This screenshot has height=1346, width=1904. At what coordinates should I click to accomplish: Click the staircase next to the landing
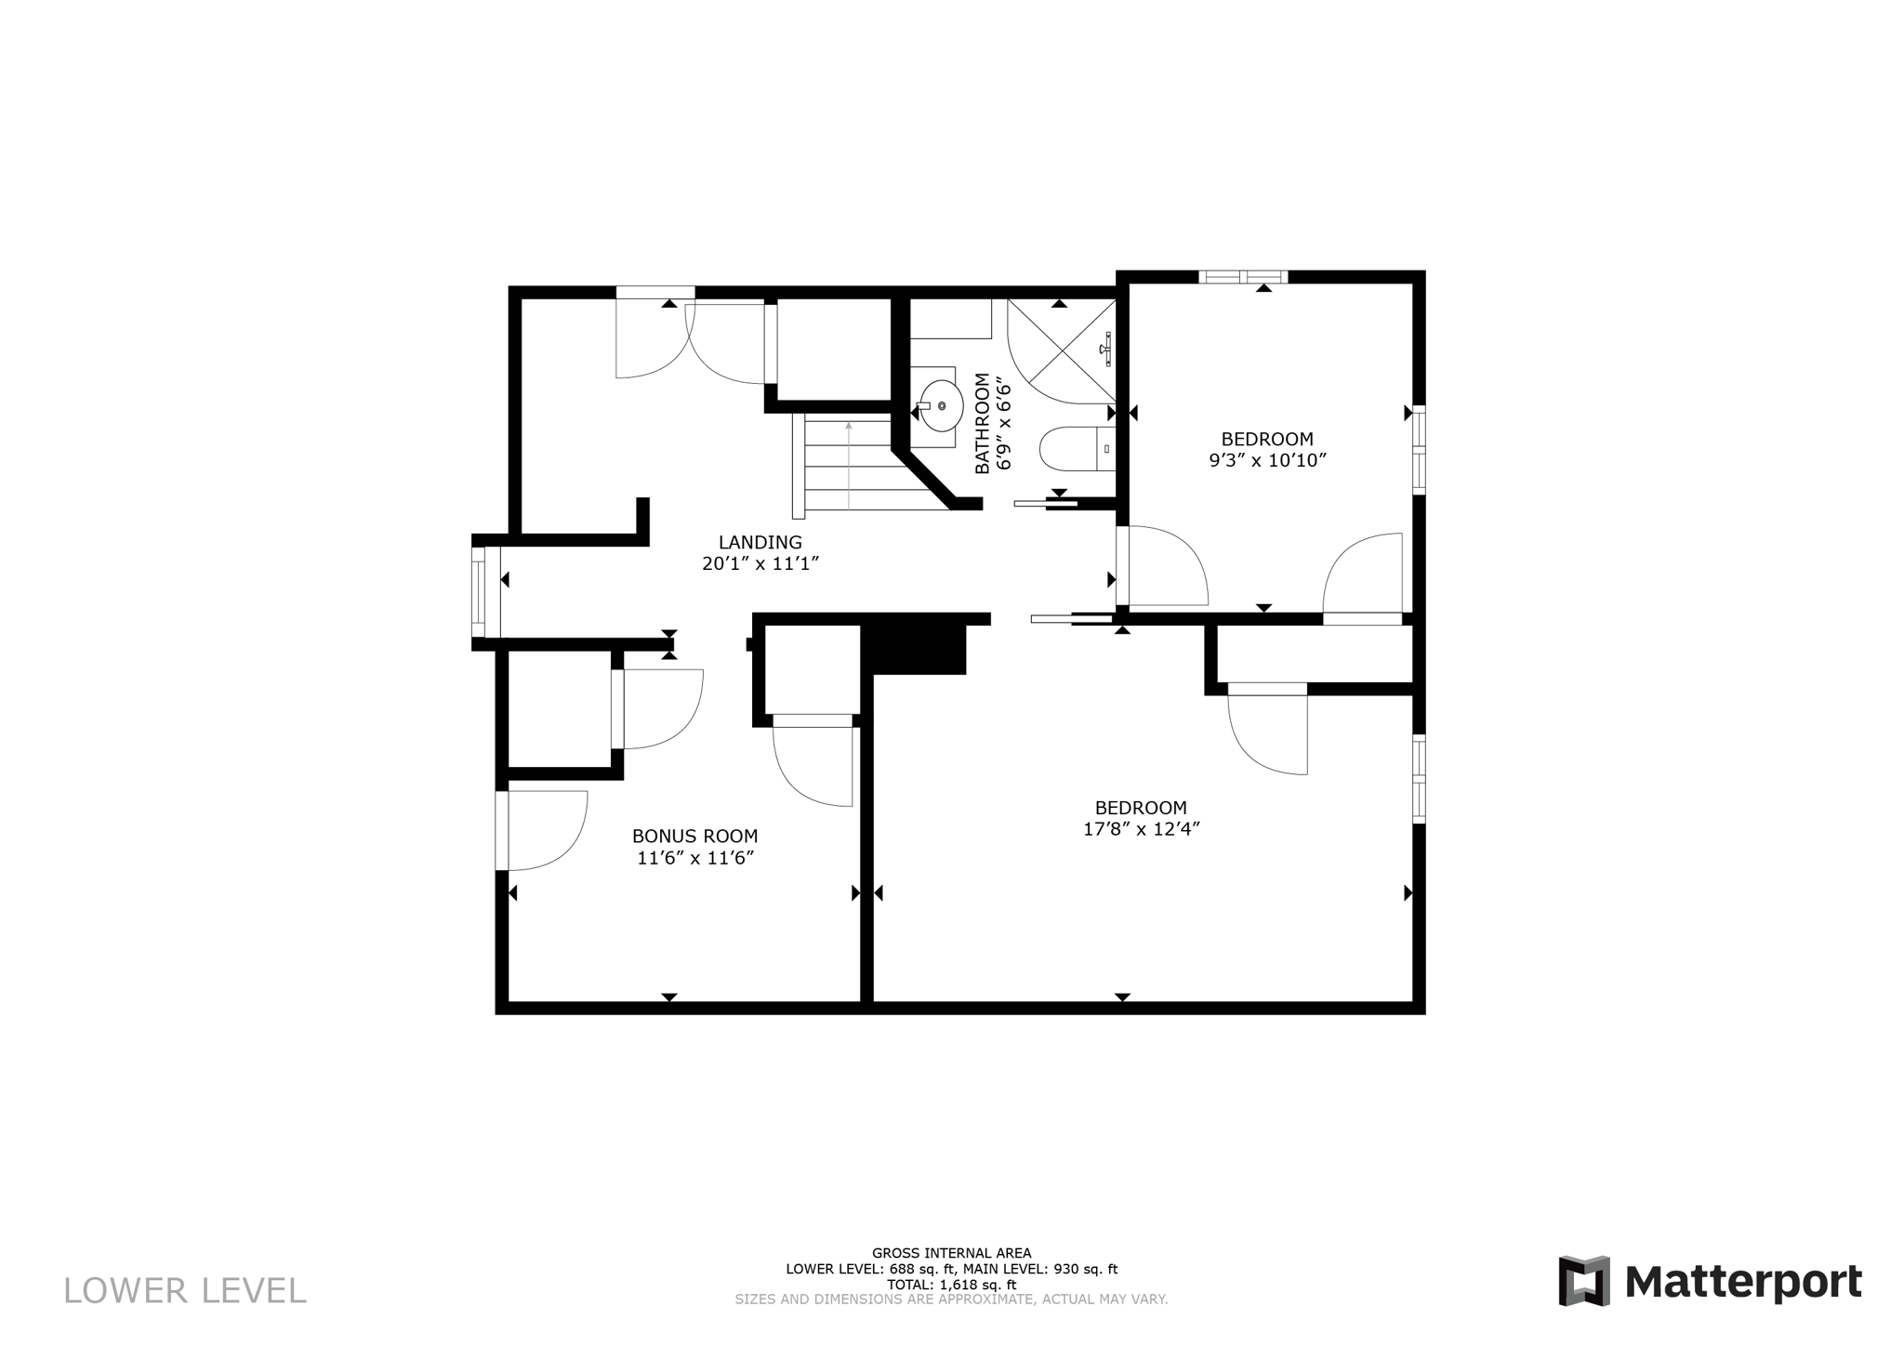tap(855, 465)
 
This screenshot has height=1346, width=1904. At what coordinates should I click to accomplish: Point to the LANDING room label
tap(760, 542)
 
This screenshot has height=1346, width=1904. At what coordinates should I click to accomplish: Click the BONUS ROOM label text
tap(694, 836)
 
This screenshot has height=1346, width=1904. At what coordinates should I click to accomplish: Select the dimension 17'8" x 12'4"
tap(1142, 829)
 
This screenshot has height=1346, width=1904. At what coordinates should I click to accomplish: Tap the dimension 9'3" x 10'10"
tap(1266, 460)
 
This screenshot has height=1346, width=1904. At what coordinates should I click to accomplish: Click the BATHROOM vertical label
tap(982, 423)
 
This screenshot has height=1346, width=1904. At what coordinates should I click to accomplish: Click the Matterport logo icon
tap(1583, 1281)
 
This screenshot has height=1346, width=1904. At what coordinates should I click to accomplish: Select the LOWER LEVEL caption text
tap(184, 1291)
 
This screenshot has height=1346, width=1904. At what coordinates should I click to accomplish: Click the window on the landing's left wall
tap(479, 592)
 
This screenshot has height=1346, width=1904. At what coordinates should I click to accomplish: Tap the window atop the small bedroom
tap(1243, 276)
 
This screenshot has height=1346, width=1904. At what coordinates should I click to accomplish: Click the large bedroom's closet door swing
tap(1269, 730)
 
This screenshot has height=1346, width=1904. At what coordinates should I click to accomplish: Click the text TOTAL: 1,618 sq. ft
tap(950, 1286)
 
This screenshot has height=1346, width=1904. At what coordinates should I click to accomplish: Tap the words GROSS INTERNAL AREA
tap(950, 1253)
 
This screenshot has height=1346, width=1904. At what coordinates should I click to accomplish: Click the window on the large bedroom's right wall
tap(1419, 778)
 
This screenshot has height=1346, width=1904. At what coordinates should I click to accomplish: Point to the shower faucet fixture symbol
tap(1106, 350)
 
